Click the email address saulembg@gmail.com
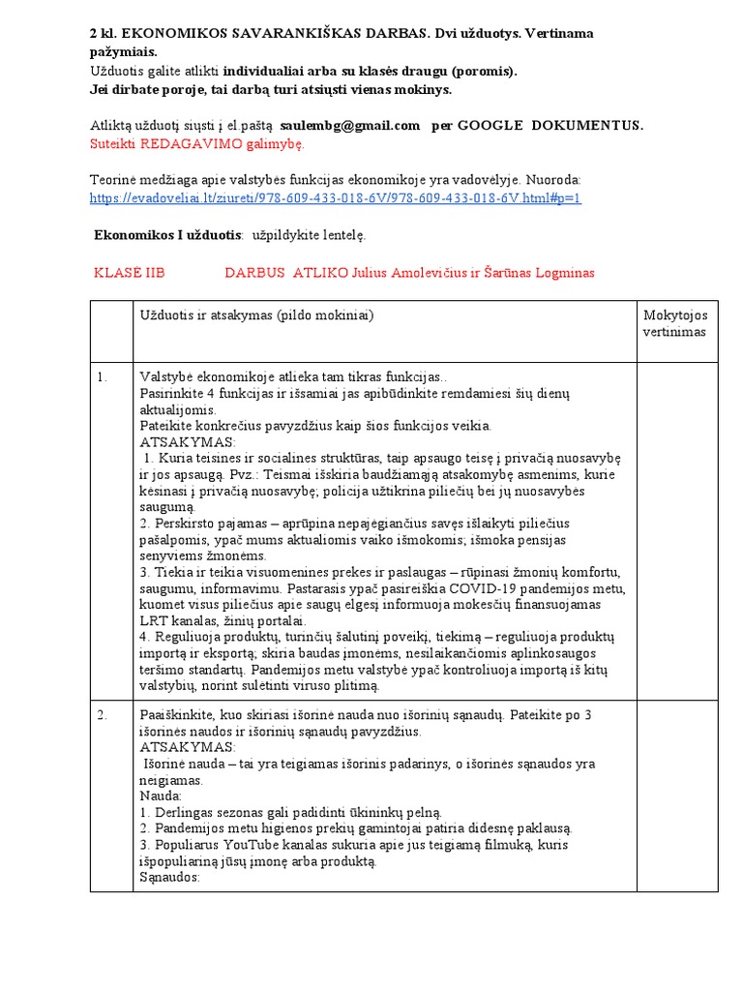tap(349, 125)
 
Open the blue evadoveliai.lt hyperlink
tap(336, 197)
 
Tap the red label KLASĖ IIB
tap(130, 273)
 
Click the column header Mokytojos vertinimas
tap(674, 323)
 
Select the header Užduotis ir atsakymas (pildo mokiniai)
tap(256, 315)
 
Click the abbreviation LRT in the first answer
tap(155, 620)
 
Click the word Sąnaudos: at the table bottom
tap(169, 878)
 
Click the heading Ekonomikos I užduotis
tap(167, 235)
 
